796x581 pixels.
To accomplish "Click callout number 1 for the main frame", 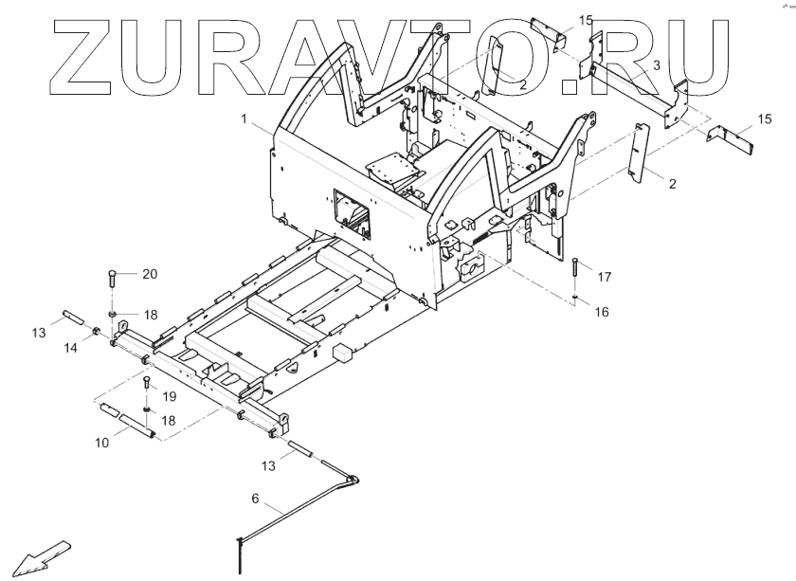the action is click(244, 119).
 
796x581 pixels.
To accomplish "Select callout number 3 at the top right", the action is click(656, 64).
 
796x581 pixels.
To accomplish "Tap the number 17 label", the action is click(605, 277).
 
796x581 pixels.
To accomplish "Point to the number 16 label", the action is click(603, 311).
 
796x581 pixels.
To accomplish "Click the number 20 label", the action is click(150, 274).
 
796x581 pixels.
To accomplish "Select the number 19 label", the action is click(172, 396).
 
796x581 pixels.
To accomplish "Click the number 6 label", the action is click(254, 499).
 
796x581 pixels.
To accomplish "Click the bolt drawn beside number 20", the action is click(112, 281).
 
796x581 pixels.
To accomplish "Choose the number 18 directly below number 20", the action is click(150, 313).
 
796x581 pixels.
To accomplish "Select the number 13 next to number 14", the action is click(38, 333).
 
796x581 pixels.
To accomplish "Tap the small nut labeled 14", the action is click(96, 331).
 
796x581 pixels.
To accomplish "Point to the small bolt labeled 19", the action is click(146, 385).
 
